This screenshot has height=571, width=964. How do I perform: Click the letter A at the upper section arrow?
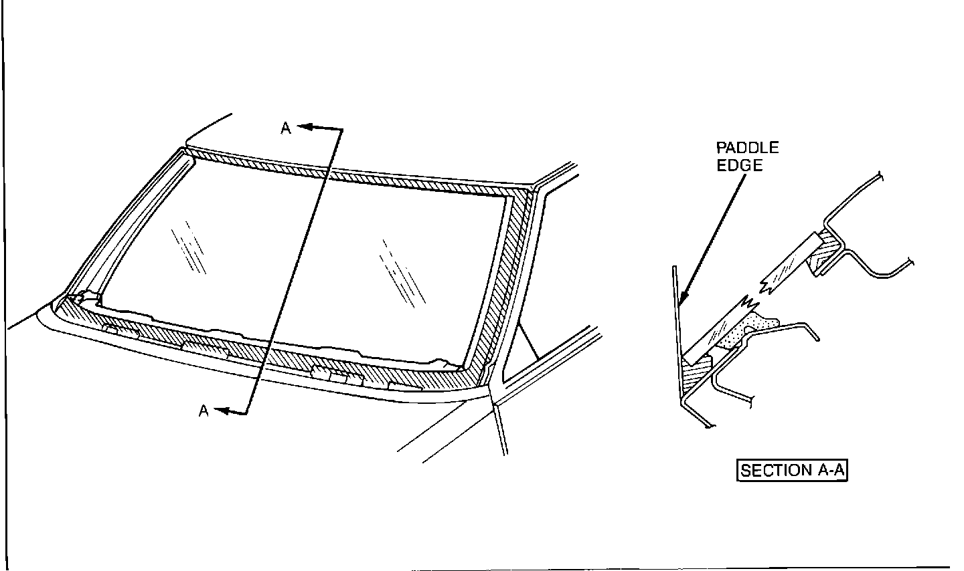[x=286, y=128]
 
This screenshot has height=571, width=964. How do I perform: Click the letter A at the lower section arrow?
[x=204, y=411]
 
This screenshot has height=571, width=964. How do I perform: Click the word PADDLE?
[x=747, y=148]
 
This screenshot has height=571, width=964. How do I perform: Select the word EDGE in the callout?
[x=739, y=165]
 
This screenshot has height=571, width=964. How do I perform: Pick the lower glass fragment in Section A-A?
[x=719, y=330]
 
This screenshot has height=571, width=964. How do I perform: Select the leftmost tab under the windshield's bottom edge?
[x=117, y=329]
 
